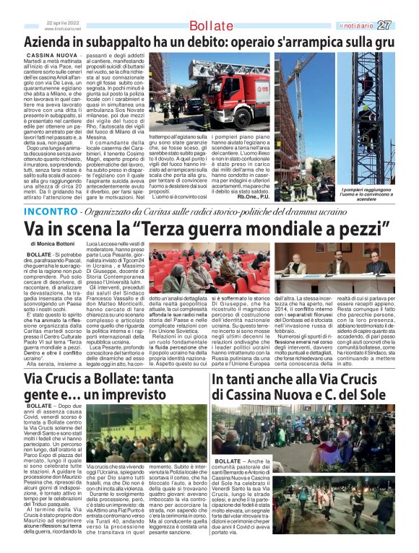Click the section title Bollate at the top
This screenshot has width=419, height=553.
pyautogui.click(x=210, y=27)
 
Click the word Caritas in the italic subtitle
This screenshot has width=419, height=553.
pyautogui.click(x=170, y=192)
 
